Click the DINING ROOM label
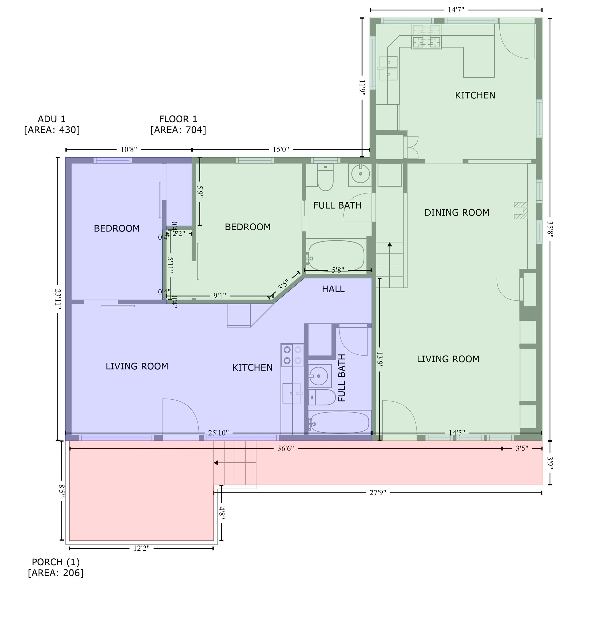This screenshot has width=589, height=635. coord(457,212)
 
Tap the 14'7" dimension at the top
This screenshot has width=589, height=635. coord(456,10)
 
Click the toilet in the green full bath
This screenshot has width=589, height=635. coord(325,177)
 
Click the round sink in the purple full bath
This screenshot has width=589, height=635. coord(318,376)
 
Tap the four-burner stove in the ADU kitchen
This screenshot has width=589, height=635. coord(292,355)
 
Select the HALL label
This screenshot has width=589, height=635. coord(333,289)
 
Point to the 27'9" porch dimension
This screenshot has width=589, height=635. coord(378,493)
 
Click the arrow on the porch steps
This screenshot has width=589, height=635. coord(216,463)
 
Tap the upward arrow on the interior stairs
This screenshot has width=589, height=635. coord(390,245)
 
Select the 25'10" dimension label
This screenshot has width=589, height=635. coord(218,433)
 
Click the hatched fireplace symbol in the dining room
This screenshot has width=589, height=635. coord(520,210)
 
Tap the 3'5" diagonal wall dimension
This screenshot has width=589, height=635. coord(283,285)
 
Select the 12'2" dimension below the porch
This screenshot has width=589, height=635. coord(141,548)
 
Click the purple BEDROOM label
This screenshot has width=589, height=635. coord(117,228)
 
